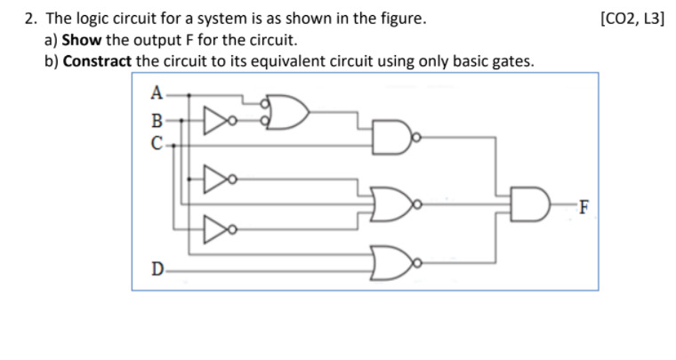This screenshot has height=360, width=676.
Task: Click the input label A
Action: point(157,92)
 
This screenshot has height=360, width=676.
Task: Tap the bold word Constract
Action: point(98,61)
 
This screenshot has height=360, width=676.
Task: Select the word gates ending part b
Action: point(511,61)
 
